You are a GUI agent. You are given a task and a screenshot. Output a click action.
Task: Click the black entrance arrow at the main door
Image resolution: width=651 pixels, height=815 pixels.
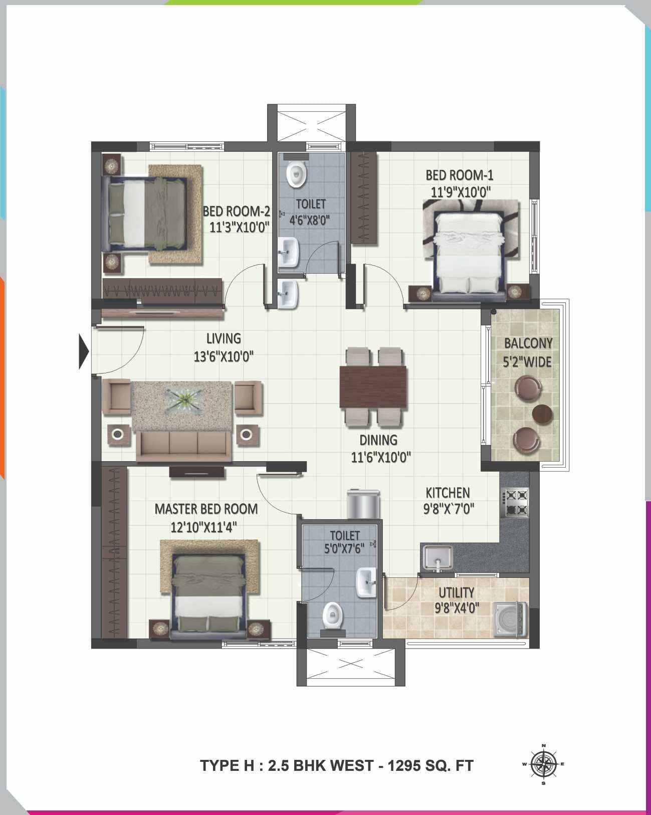[x=84, y=351]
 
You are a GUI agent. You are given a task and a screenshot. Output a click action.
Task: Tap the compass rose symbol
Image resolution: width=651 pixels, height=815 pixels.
[x=544, y=764]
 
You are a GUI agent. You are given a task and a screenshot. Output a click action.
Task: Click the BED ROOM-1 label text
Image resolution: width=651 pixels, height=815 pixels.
[x=459, y=175]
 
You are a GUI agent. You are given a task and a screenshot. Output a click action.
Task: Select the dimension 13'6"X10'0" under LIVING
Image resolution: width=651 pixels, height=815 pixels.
[x=224, y=357]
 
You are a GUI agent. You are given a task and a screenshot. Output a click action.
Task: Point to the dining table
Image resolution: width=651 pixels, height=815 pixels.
[x=373, y=386]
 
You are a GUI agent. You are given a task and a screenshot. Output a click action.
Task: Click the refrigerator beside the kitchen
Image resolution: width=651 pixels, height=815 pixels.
[x=363, y=505]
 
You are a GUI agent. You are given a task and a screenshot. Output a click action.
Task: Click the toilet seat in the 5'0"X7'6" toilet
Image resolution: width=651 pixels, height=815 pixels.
[x=332, y=616]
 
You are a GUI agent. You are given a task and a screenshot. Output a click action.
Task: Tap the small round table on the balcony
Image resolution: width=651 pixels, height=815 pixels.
[x=542, y=414]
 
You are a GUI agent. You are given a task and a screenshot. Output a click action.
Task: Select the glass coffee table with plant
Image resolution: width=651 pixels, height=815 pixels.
[x=184, y=401]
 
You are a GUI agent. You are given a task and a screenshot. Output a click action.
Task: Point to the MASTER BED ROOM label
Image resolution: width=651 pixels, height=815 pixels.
[x=206, y=509]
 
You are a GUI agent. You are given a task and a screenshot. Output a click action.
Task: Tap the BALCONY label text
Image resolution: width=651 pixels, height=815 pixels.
[x=528, y=344]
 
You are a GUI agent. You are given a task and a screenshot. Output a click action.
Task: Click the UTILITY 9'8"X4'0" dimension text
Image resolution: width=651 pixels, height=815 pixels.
[x=457, y=608]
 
